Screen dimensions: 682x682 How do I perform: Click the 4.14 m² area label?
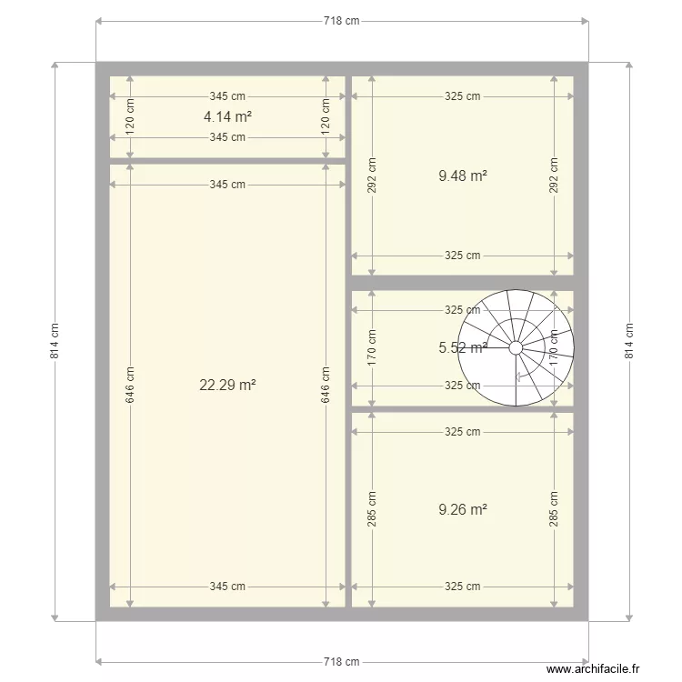[227, 116]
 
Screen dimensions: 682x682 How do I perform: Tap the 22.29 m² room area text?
[227, 385]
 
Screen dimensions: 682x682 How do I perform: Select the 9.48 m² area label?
[462, 176]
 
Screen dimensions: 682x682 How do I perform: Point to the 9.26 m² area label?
[462, 509]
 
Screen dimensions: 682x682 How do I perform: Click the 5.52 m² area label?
[462, 347]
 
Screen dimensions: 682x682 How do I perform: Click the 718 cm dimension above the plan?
[341, 21]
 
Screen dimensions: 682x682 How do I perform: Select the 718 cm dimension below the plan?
[341, 662]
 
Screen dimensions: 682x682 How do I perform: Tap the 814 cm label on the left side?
[55, 341]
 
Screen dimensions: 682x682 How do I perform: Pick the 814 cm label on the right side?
[629, 341]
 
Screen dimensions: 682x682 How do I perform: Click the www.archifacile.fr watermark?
[593, 668]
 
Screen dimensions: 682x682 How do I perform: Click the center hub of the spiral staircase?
[516, 348]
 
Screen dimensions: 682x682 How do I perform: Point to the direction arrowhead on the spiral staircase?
[518, 376]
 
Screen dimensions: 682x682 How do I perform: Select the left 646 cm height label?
[130, 385]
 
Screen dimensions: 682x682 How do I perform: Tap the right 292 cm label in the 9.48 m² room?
[553, 176]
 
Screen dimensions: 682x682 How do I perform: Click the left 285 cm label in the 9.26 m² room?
[371, 509]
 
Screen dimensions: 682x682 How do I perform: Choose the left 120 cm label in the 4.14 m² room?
[130, 116]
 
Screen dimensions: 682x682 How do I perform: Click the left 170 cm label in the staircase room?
[371, 347]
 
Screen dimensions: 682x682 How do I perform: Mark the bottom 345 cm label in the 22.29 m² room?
[227, 587]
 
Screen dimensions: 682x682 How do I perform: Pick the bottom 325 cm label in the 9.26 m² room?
[462, 587]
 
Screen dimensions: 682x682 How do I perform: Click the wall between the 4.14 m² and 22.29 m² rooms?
[227, 161]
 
